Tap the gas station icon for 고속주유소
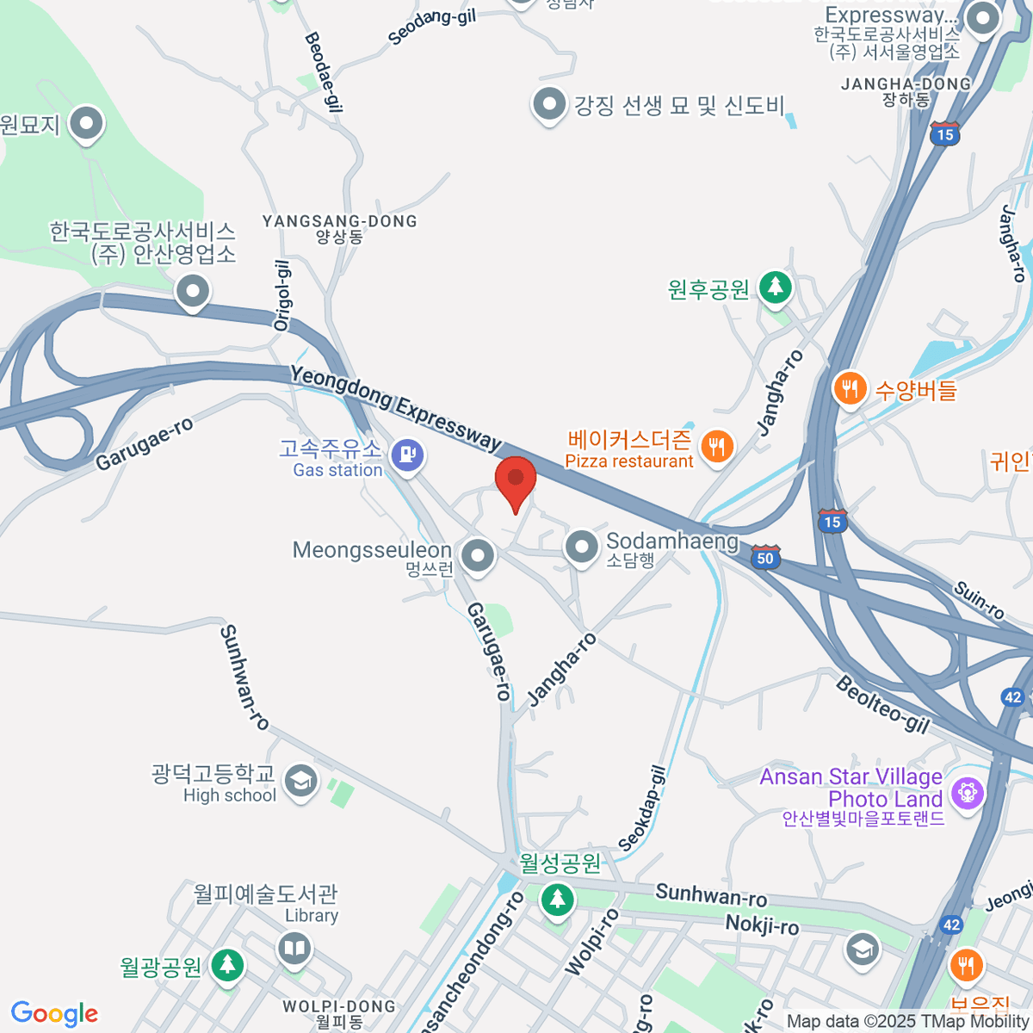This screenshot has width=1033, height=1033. [407, 454]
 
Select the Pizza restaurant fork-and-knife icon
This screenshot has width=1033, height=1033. [716, 446]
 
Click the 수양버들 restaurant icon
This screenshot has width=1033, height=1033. [850, 388]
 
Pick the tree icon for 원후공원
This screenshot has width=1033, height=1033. [776, 286]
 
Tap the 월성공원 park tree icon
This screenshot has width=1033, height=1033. [557, 900]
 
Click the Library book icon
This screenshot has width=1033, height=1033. [294, 949]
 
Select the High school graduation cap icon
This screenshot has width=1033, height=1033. [300, 782]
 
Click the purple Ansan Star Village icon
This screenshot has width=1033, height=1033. [968, 790]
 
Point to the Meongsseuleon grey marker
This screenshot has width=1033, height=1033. [477, 555]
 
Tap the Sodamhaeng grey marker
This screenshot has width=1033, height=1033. [582, 546]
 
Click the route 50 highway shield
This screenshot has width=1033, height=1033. [765, 557]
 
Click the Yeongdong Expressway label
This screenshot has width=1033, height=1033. [396, 407]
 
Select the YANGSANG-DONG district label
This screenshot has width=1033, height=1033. [339, 222]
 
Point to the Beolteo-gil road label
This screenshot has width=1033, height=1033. [883, 705]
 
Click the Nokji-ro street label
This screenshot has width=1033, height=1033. [762, 925]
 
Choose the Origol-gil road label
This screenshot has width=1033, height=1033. [282, 295]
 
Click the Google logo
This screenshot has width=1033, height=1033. [55, 1014]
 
